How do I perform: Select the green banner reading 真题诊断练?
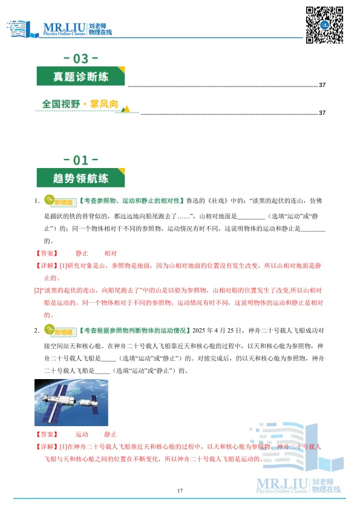click(80, 77)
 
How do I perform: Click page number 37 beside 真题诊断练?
click(322, 85)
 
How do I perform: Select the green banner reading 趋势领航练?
click(80, 179)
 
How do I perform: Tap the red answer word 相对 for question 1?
click(111, 254)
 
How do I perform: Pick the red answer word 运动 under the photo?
click(82, 434)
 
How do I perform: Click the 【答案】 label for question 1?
click(47, 254)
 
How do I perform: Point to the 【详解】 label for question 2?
click(47, 447)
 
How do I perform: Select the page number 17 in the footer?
click(180, 490)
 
